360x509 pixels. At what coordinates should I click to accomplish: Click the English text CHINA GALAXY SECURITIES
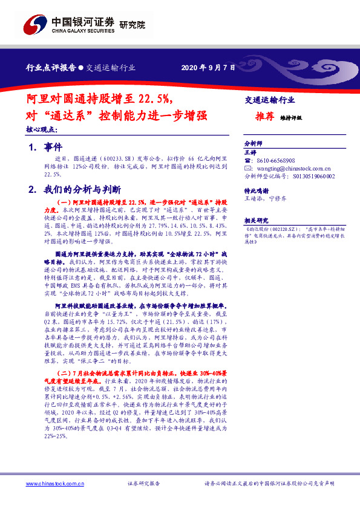(x=82, y=31)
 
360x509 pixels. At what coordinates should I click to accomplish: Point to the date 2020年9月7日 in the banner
(x=208, y=68)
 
